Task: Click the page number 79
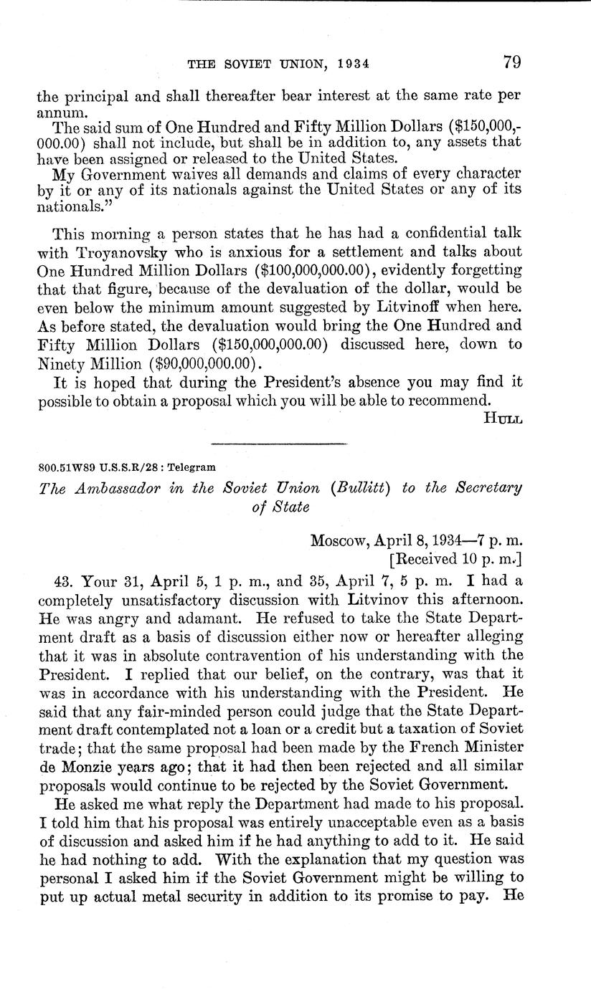(x=511, y=62)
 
